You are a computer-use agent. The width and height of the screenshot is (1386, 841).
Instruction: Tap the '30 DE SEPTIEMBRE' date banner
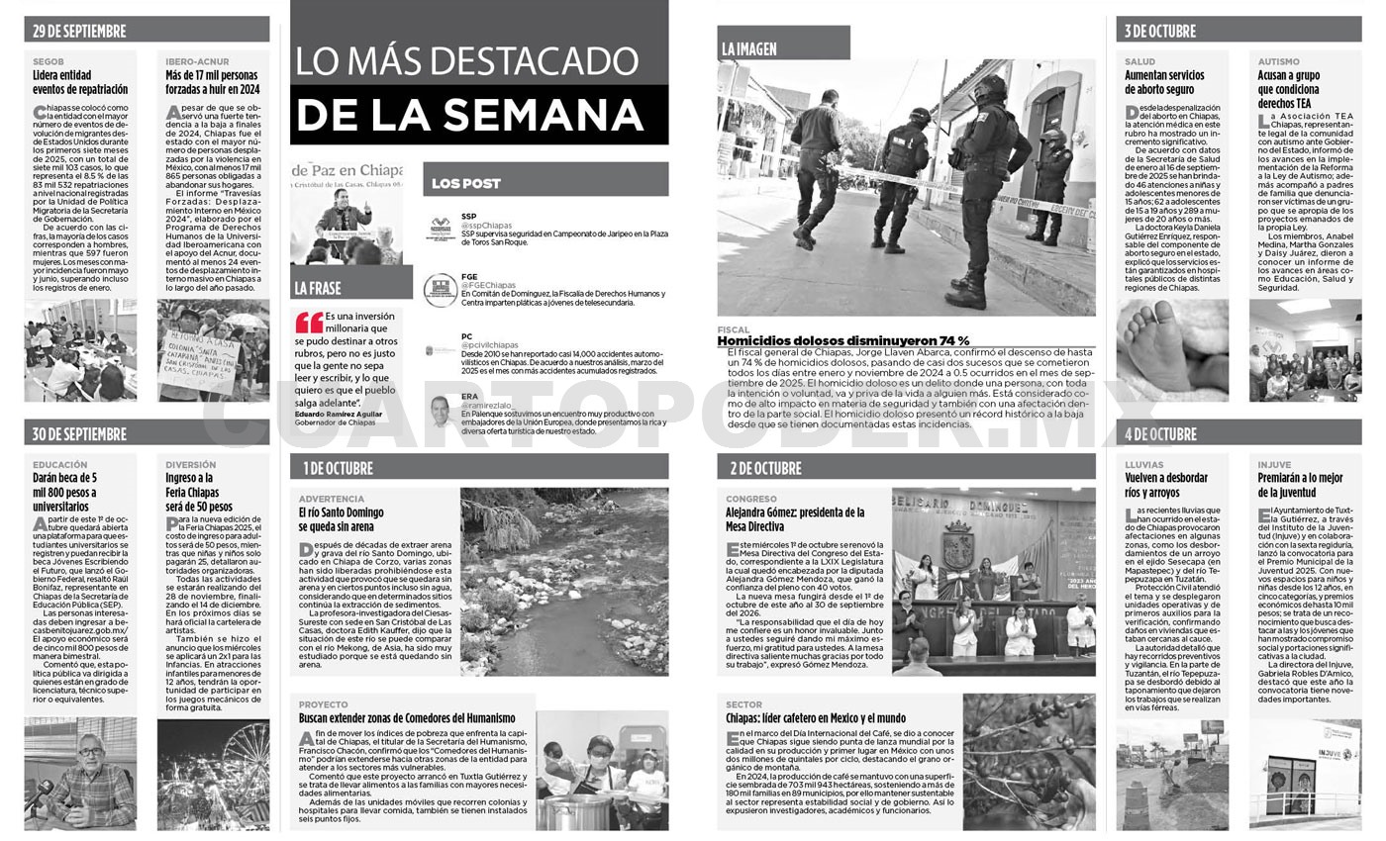pos(79,433)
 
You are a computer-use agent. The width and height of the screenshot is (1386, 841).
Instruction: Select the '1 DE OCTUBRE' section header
pos(337,467)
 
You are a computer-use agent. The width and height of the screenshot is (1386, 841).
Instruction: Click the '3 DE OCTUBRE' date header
pos(1159,31)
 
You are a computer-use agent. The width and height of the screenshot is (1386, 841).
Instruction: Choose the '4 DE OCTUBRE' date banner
pos(1159,433)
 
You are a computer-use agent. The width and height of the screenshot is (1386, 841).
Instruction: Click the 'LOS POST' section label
pos(466,183)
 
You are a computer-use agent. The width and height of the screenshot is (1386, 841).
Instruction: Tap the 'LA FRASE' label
pos(318,288)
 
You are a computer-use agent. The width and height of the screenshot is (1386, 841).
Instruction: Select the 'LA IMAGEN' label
pos(749,48)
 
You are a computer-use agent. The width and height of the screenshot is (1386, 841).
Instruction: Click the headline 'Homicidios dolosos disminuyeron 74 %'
pos(843,341)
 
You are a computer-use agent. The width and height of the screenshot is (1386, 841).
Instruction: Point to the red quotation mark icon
pos(309,322)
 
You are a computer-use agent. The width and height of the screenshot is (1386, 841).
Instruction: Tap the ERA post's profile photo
pos(441,411)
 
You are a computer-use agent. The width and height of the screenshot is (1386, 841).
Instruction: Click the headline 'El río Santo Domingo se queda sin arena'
pos(342,519)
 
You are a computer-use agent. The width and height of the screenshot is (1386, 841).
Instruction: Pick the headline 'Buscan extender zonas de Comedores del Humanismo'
pos(407,717)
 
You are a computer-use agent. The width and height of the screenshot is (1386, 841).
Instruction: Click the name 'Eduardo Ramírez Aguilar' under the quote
pos(338,414)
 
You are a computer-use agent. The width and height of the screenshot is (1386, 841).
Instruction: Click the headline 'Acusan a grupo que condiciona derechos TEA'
pos(1289,89)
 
